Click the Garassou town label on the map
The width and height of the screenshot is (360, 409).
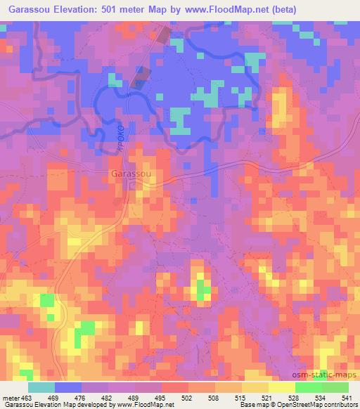coord(129,173)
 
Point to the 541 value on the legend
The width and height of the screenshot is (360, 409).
coord(347,397)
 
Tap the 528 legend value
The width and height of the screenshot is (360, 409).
coord(295,397)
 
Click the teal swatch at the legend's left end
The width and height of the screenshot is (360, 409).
coord(41,387)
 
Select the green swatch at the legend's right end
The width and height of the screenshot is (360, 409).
coord(335,387)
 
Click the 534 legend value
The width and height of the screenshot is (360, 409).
coord(321,397)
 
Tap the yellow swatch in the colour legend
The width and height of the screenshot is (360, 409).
coord(281,387)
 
